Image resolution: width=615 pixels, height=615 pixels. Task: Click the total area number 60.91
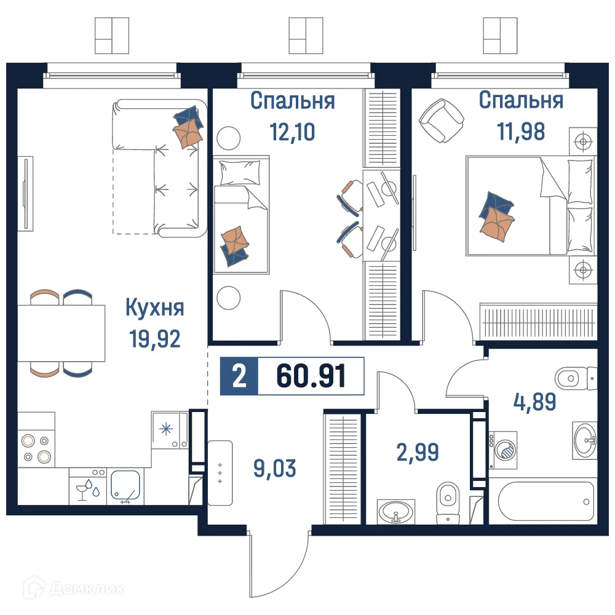point(311,376)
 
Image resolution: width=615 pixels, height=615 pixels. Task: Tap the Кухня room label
point(154,307)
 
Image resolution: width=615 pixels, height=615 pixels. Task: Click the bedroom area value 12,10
point(292,131)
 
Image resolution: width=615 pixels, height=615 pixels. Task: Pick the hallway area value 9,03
point(274,468)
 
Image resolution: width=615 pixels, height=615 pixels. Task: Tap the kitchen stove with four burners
point(36,448)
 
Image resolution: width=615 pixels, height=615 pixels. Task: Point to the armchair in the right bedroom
point(441,119)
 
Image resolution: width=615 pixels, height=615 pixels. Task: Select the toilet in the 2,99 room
point(447,502)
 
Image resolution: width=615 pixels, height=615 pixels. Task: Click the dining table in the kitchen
point(61,333)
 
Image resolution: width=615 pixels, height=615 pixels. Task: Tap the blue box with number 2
point(239,376)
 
